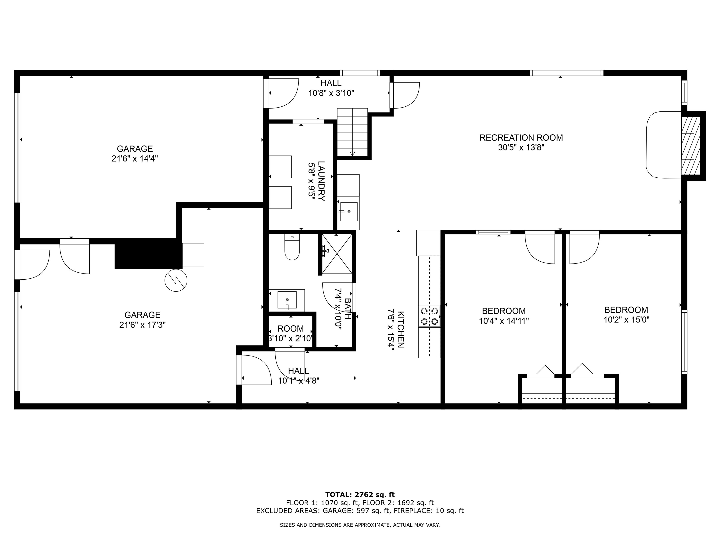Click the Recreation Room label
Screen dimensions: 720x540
[521, 138]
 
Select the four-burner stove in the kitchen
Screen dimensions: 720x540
[429, 316]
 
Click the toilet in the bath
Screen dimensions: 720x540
[292, 247]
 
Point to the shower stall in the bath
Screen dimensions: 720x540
[337, 254]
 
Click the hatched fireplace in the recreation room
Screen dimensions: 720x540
[691, 146]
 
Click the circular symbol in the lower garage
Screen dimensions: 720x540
[176, 280]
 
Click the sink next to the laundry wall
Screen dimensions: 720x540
[349, 212]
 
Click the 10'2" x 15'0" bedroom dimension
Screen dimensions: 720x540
[626, 320]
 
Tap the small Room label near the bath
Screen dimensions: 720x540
[290, 329]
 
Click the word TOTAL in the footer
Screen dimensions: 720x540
[338, 495]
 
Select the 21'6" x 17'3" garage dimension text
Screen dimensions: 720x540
[142, 325]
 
